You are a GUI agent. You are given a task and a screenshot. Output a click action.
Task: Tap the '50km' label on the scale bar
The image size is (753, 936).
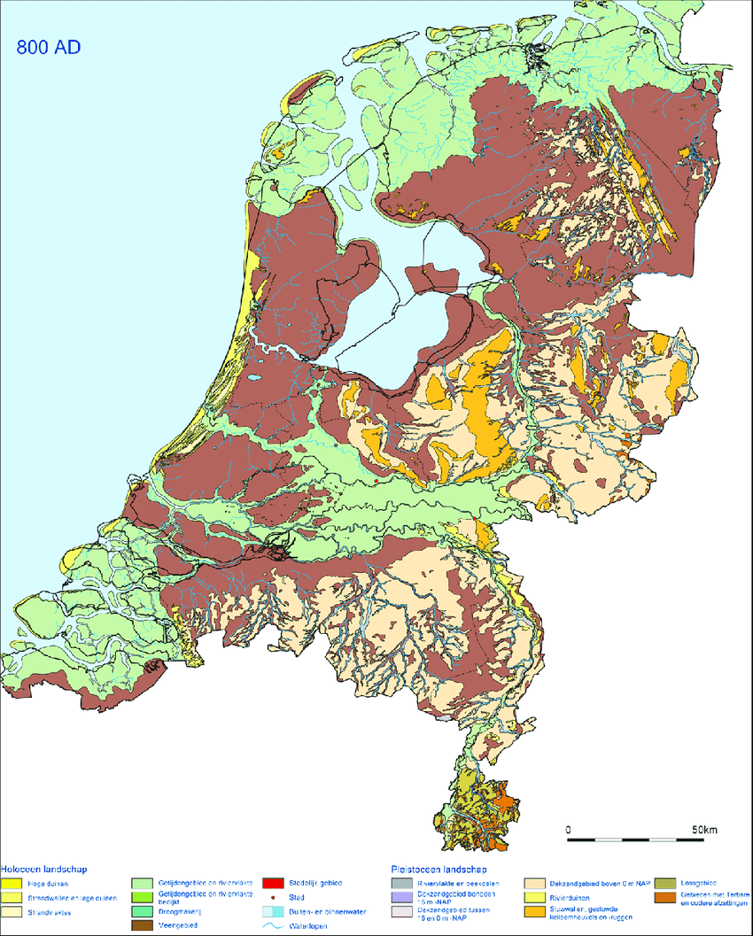click(704, 830)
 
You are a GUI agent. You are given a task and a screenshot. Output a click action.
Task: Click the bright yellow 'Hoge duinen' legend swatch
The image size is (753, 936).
click(12, 884)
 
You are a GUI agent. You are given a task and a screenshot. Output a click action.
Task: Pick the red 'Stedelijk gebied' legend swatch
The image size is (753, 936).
click(273, 884)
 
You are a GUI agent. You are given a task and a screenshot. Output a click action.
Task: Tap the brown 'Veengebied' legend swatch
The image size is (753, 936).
click(142, 925)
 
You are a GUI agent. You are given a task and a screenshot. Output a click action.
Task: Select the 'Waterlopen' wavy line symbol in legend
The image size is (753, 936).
click(273, 925)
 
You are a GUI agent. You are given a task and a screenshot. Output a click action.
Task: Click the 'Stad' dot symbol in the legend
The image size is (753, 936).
click(273, 897)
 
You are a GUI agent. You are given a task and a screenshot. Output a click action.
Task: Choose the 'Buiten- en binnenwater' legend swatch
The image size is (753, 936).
click(273, 911)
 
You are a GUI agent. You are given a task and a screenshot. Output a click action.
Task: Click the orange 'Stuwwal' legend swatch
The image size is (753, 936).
click(534, 911)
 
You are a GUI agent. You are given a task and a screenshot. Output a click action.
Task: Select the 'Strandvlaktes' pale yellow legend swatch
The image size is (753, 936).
click(12, 911)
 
